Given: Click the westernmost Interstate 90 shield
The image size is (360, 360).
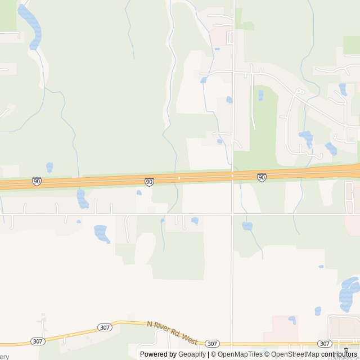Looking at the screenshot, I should [x=37, y=181].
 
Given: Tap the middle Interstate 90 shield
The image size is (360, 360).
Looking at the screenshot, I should [x=149, y=181].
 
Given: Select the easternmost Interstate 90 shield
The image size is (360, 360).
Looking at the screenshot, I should [x=262, y=177].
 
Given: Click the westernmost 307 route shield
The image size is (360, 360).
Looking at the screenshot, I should [x=37, y=341].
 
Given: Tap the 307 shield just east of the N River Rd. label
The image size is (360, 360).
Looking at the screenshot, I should [x=211, y=343].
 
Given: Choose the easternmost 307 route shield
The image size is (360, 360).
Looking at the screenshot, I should [x=324, y=343].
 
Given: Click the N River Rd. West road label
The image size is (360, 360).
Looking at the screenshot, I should [x=172, y=333].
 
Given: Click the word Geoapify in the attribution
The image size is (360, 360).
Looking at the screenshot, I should [x=192, y=354].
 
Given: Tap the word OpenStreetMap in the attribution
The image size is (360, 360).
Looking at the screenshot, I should [x=294, y=354].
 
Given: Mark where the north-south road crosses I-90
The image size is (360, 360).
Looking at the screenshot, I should [x=232, y=175].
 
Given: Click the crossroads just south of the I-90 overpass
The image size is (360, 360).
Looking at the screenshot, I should [x=232, y=214].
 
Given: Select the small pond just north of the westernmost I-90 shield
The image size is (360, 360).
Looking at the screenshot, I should [x=49, y=167].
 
